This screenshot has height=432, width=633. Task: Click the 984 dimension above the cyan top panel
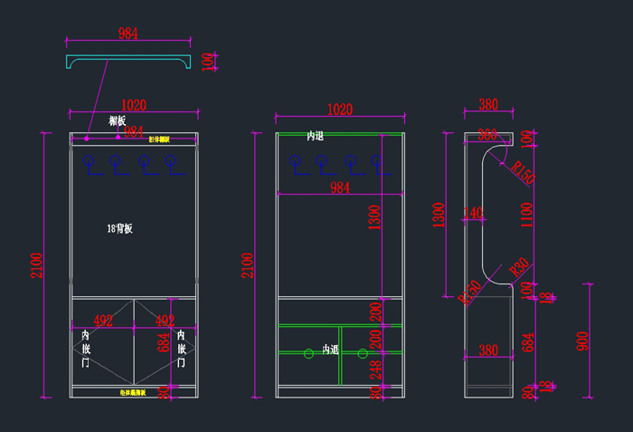point(129,34)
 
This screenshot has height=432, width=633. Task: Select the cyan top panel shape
point(129,59)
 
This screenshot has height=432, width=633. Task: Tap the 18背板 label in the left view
point(119,229)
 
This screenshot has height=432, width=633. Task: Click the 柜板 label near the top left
point(117,120)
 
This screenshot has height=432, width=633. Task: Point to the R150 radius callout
point(523,172)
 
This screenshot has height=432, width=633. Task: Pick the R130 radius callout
point(469,293)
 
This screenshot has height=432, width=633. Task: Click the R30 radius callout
point(519,268)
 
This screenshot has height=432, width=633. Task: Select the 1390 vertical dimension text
point(374,217)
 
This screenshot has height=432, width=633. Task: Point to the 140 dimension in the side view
point(473,214)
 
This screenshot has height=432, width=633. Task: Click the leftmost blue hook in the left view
point(89,163)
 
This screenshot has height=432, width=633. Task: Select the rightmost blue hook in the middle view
point(374,163)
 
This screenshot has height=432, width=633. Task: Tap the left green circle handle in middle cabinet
point(308,353)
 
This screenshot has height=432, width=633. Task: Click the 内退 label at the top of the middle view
point(315,136)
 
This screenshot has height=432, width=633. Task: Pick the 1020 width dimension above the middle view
point(339,110)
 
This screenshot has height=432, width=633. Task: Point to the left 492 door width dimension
point(103,321)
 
